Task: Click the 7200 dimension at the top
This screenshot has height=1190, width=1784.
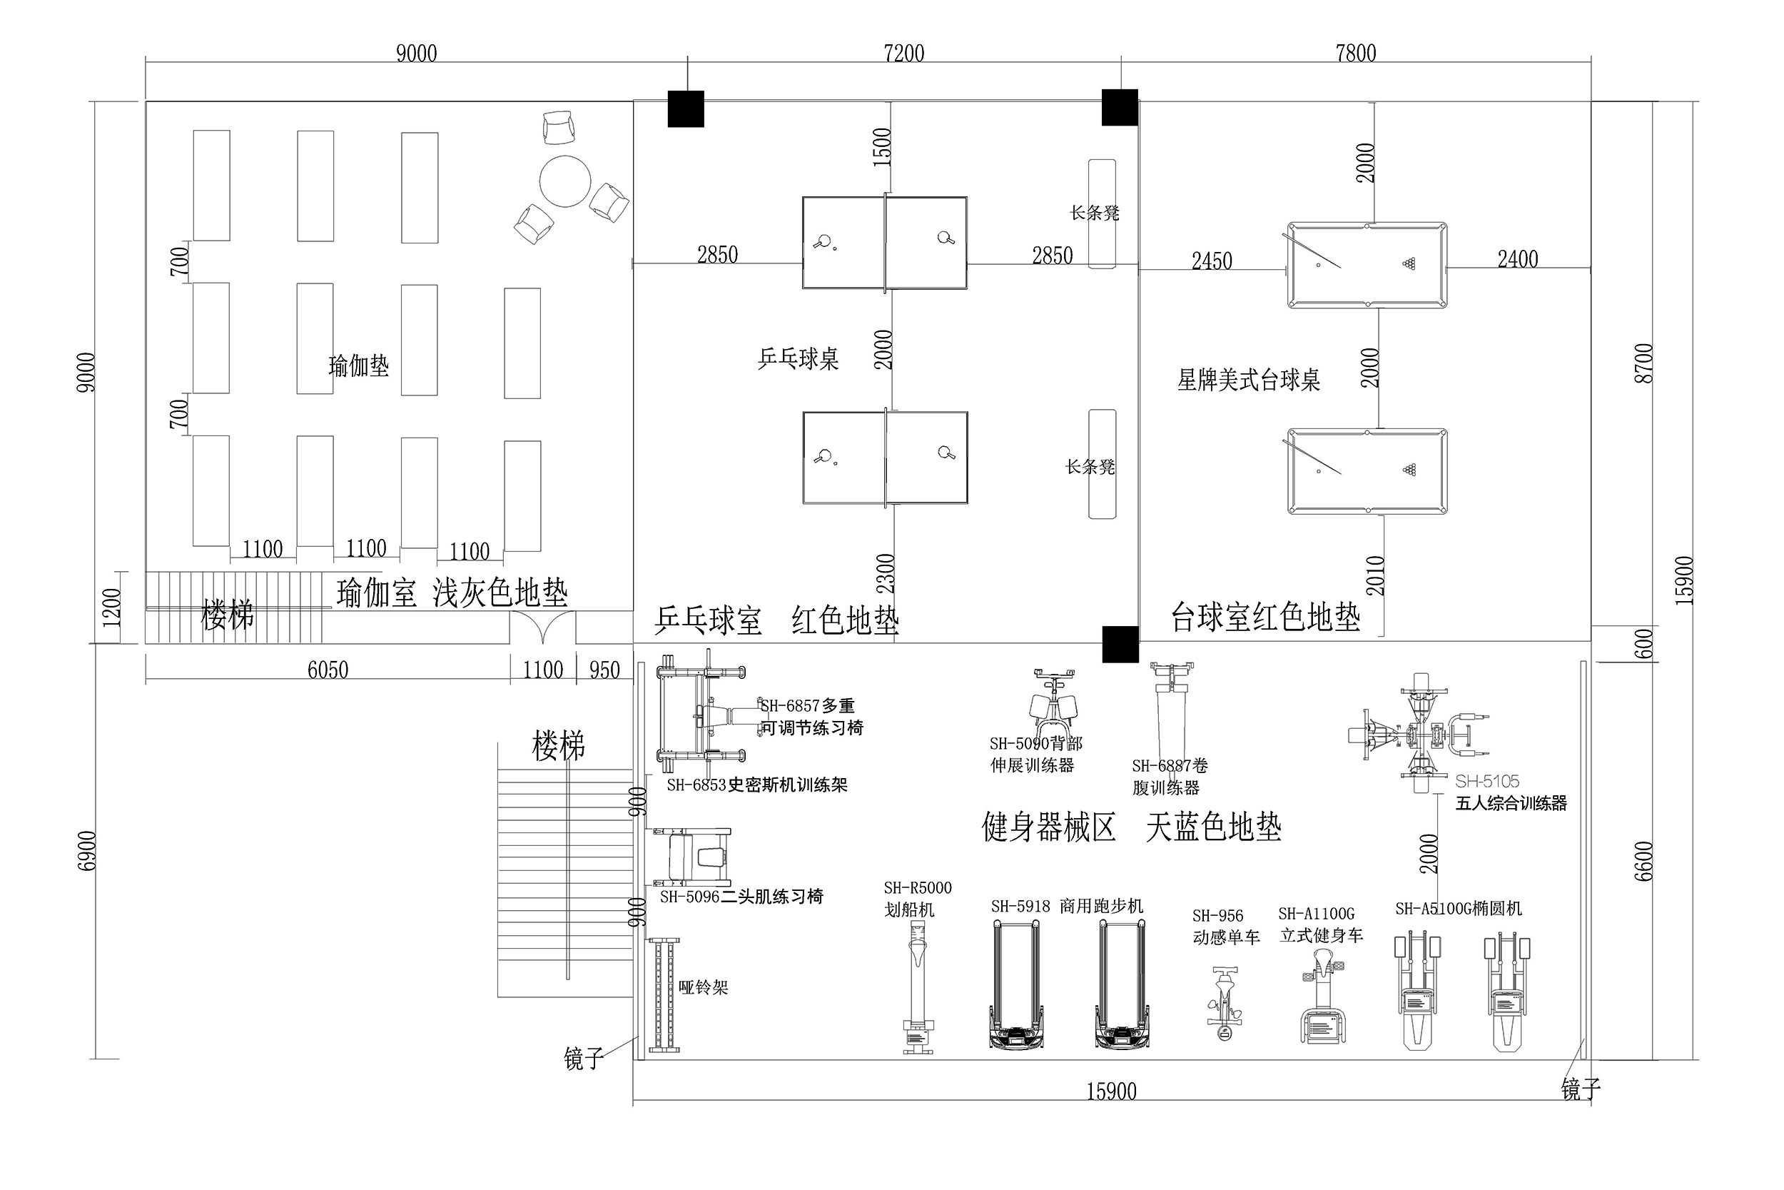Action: [x=903, y=53]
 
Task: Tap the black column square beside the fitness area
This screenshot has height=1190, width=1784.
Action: [x=1120, y=645]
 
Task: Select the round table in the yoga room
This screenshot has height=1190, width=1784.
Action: [x=565, y=181]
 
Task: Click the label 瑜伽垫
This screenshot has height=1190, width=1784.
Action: [x=358, y=366]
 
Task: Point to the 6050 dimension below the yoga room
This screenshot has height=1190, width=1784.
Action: [x=328, y=670]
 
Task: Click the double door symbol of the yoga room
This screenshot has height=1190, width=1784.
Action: [x=542, y=628]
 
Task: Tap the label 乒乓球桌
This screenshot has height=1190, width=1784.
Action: [x=798, y=359]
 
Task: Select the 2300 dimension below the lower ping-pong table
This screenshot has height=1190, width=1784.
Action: [x=885, y=574]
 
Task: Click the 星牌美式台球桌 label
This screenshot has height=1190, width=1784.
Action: [x=1248, y=380]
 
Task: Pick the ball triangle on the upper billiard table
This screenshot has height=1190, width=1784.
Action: [x=1409, y=264]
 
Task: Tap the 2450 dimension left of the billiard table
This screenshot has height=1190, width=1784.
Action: [x=1211, y=261]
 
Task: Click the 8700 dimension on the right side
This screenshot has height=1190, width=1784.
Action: [x=1643, y=363]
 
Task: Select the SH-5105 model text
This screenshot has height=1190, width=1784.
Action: [x=1486, y=781]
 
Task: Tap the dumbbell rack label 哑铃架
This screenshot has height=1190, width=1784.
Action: [x=703, y=987]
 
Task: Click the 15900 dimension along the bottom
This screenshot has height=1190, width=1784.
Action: [x=1111, y=1092]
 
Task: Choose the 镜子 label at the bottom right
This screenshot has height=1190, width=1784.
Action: [x=1581, y=1090]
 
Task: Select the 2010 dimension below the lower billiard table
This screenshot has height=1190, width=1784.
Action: [x=1375, y=576]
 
